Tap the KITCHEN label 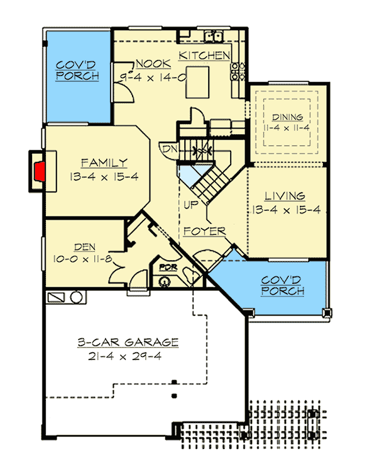tap(204, 56)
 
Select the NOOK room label tap(148, 63)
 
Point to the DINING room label tap(287, 117)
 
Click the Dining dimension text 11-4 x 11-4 tap(287, 127)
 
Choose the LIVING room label tap(285, 196)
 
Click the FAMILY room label tap(104, 163)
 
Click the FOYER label tap(205, 231)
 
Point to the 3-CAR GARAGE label tap(128, 343)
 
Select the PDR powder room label tap(167, 267)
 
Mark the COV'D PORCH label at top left tap(77, 71)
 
